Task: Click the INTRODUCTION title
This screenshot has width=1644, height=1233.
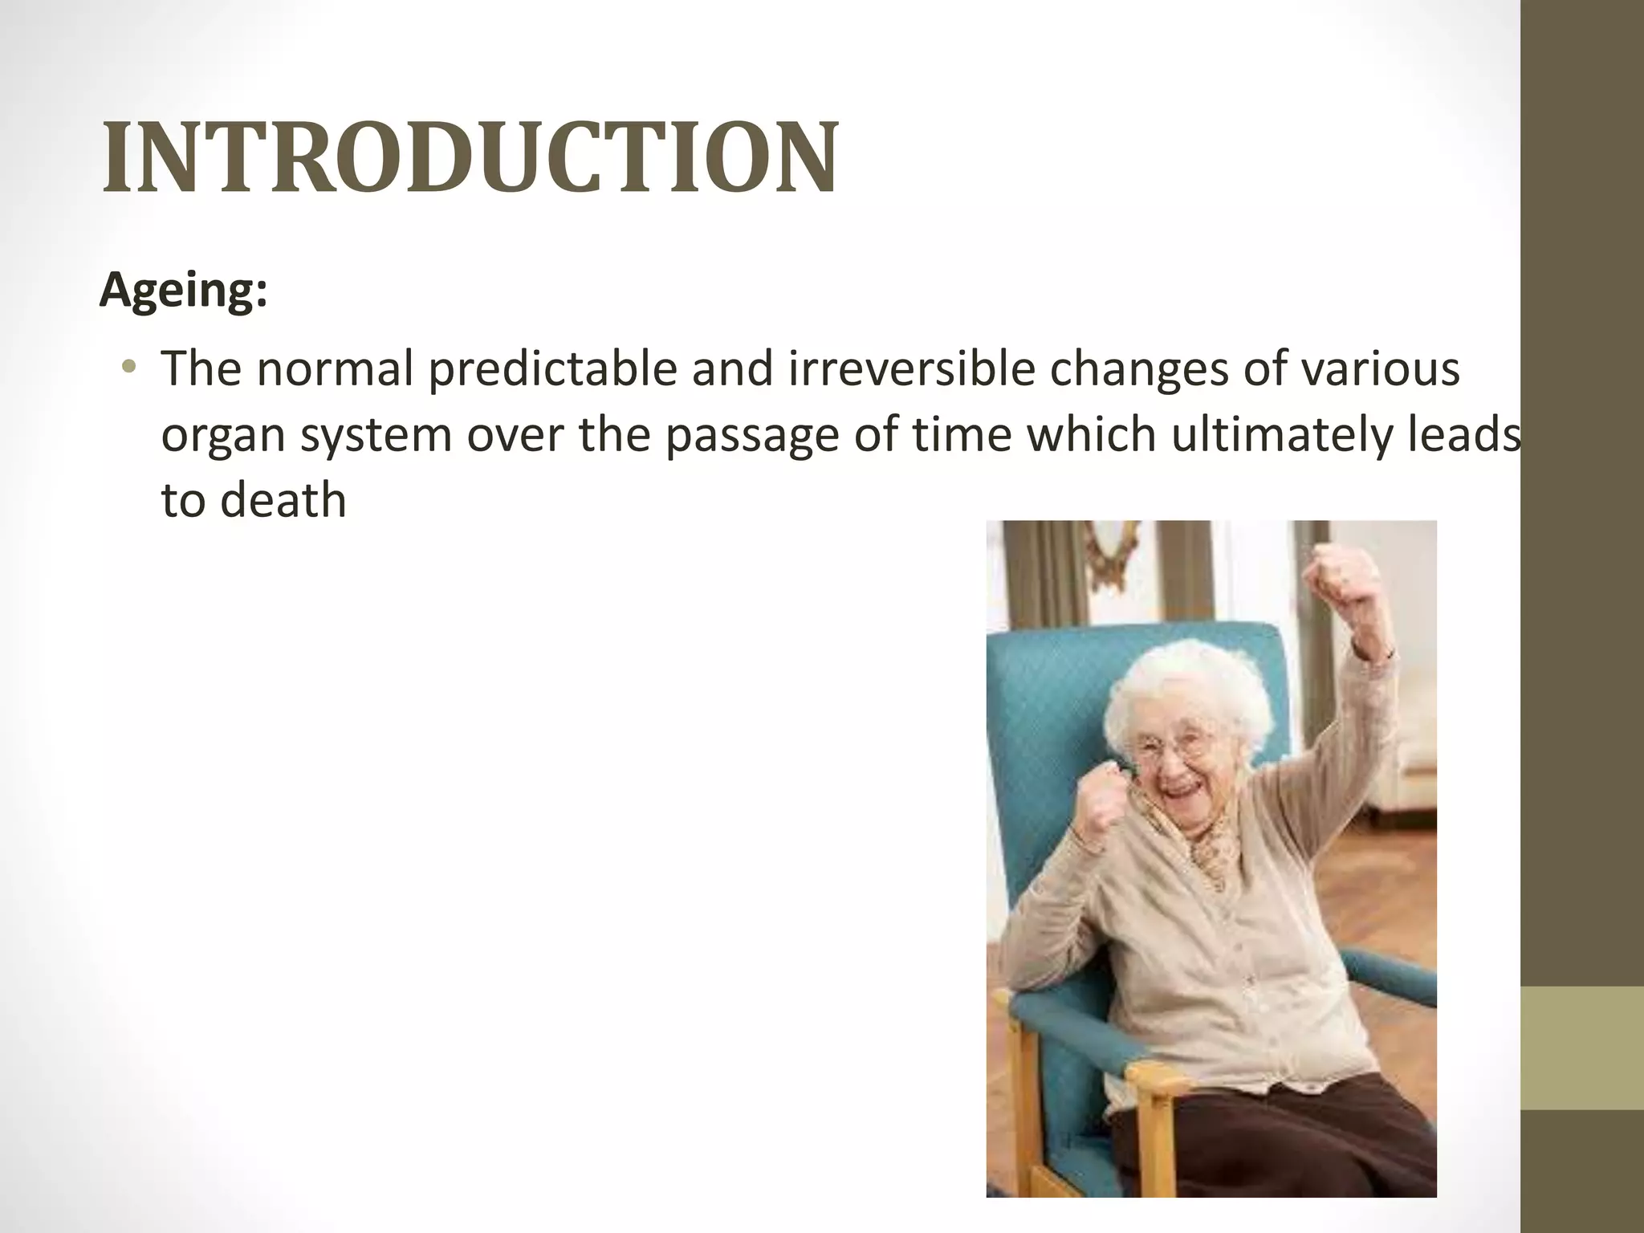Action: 470,158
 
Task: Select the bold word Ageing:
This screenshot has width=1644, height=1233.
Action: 183,291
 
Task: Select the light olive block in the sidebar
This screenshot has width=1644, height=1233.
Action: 1581,1048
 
